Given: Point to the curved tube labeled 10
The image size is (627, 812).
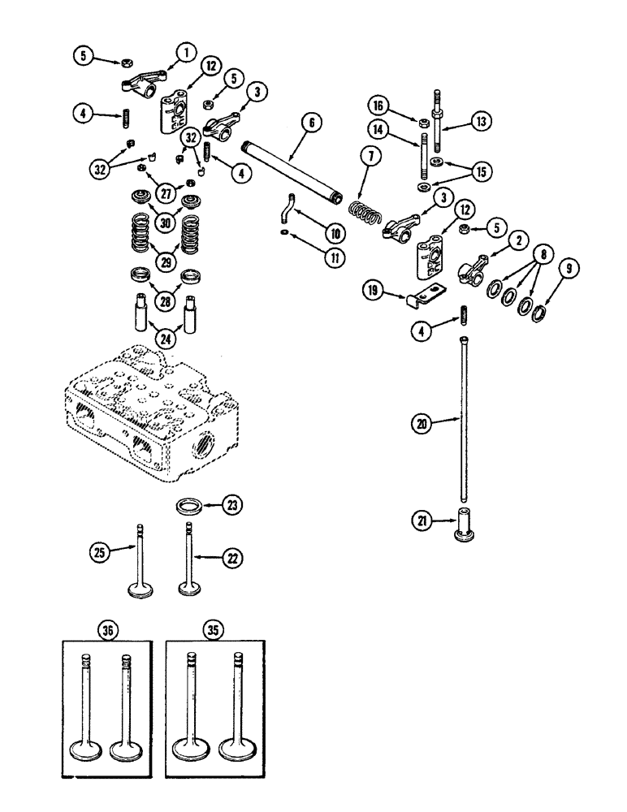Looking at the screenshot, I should click(283, 215).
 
